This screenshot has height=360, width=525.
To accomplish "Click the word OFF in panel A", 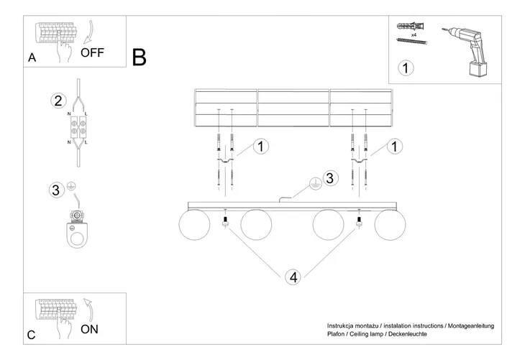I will [x=93, y=52].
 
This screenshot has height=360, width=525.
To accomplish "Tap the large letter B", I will [x=140, y=57].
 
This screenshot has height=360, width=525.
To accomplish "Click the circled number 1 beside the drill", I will [x=406, y=69].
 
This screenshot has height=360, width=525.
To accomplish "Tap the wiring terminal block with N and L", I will [x=78, y=128].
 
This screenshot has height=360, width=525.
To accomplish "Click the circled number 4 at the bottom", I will [x=292, y=277].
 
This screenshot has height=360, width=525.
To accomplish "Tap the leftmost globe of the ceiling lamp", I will [x=194, y=226].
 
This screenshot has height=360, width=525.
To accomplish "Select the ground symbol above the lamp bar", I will [x=314, y=184].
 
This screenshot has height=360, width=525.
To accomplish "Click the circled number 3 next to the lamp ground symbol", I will [x=329, y=177].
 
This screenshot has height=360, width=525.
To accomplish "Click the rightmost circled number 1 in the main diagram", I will [x=393, y=147].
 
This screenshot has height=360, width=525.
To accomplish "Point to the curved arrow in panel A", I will [x=87, y=32].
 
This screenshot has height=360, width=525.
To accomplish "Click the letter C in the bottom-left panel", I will [x=31, y=335].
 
